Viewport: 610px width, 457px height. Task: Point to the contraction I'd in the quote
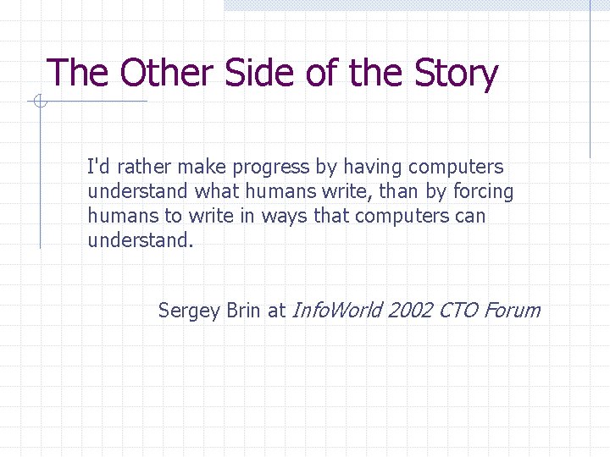pos(97,167)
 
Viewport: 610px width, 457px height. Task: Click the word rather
pos(141,168)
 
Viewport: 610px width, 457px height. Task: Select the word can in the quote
pos(470,217)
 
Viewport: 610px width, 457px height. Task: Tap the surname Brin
pos(244,311)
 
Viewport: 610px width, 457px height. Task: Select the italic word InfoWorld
pos(335,311)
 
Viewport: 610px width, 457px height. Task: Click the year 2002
pos(410,311)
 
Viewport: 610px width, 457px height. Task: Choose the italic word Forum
pos(513,311)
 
